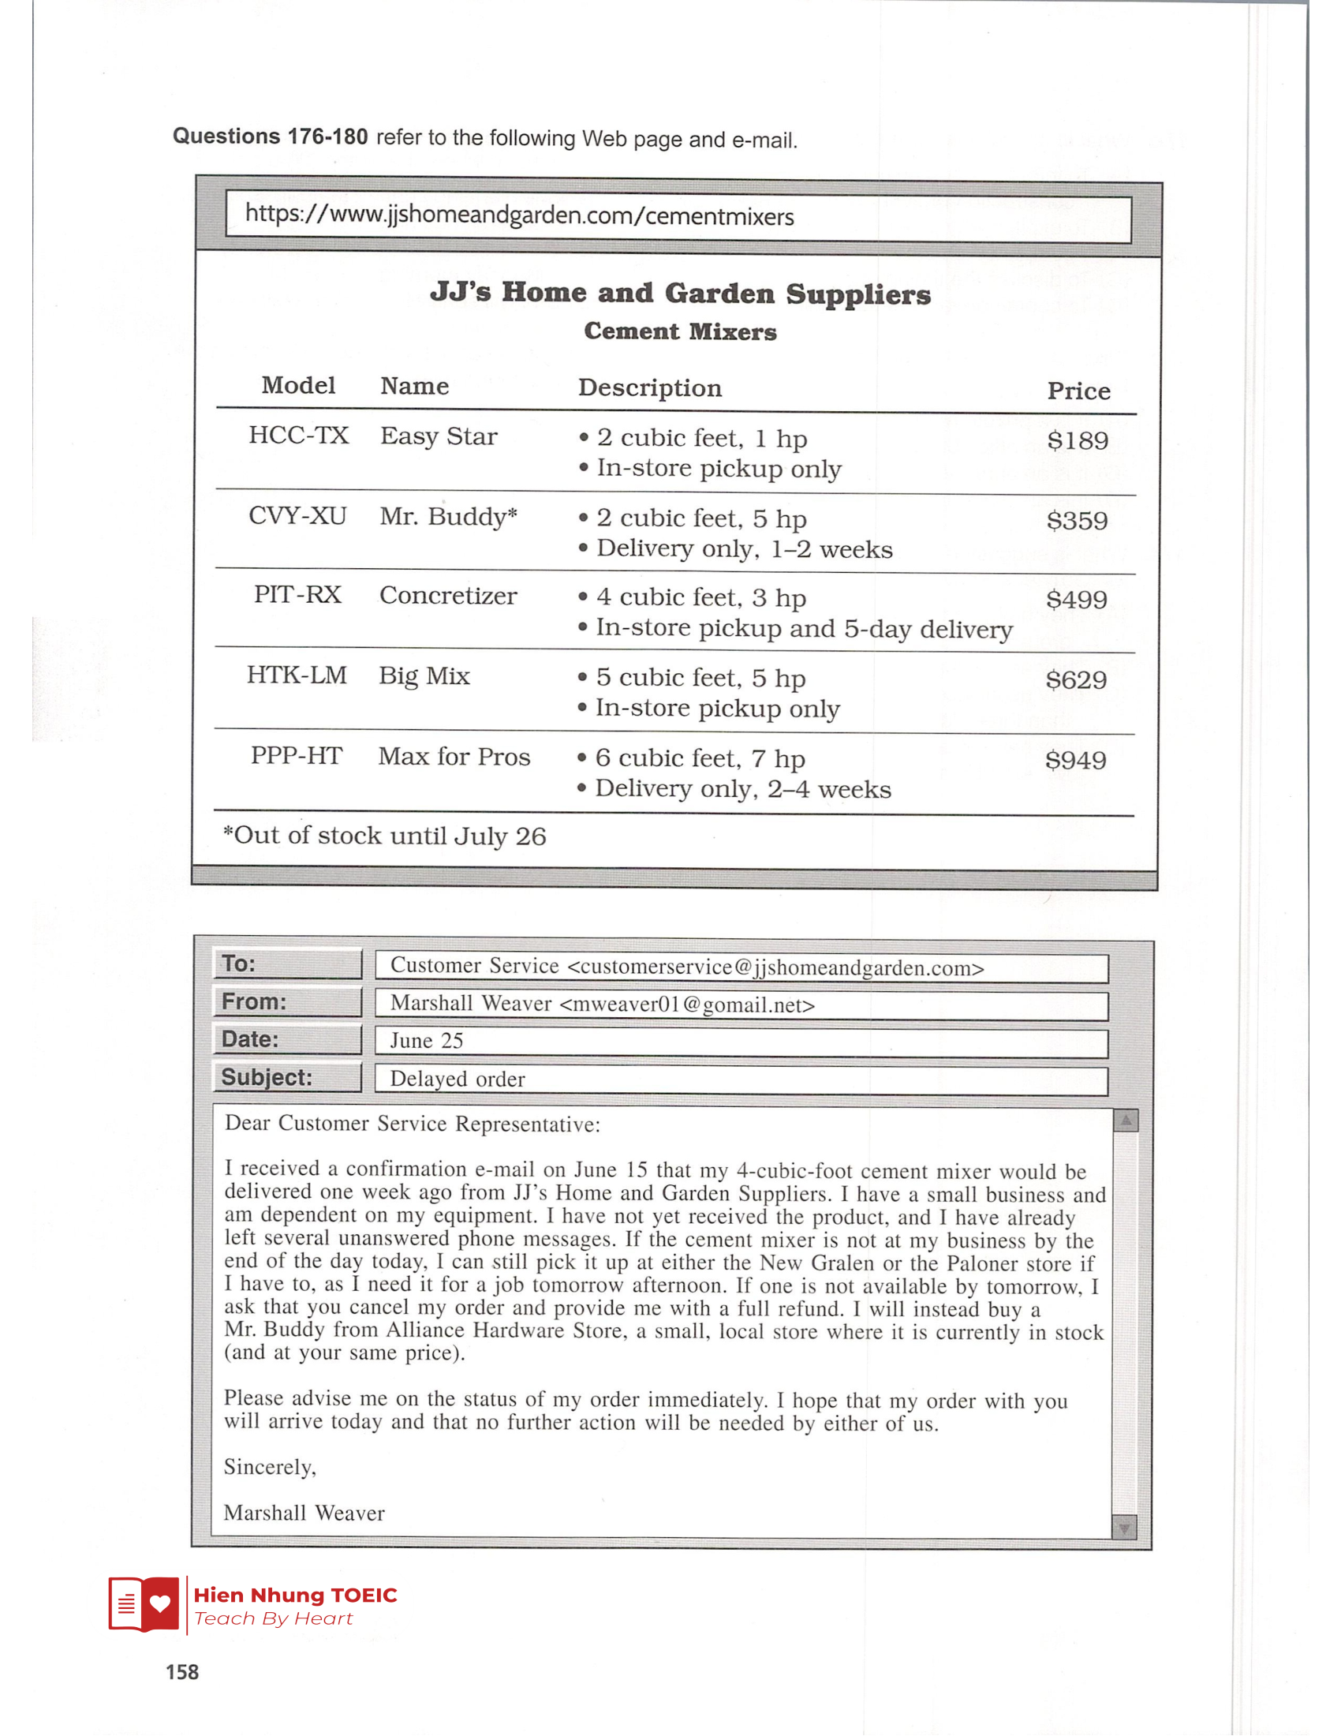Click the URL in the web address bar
point(519,215)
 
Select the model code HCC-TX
point(298,436)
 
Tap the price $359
point(1077,521)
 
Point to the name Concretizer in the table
point(448,595)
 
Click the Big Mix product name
point(424,675)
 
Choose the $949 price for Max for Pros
point(1076,760)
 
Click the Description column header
point(650,388)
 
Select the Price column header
point(1078,391)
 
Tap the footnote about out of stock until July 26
point(384,836)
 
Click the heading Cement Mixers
point(680,331)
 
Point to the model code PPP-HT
point(297,755)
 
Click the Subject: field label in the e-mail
point(267,1077)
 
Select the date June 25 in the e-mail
point(427,1042)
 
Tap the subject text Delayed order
point(458,1079)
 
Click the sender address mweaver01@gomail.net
point(687,1005)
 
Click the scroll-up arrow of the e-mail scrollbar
point(1125,1121)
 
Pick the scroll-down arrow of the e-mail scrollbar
point(1124,1527)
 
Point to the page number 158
point(182,1672)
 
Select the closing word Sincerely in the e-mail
point(269,1467)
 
